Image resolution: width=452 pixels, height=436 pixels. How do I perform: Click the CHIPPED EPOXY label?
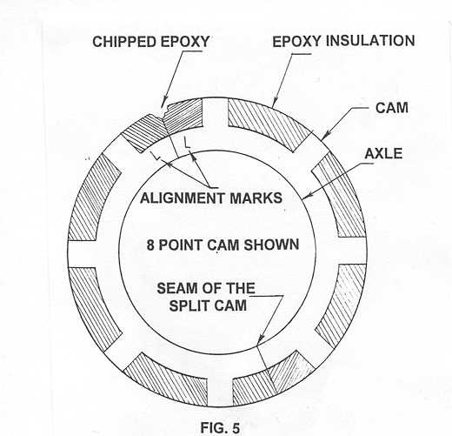tap(150, 42)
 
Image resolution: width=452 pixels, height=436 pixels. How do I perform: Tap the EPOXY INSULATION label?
tap(343, 41)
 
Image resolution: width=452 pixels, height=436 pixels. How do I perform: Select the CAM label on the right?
tap(392, 108)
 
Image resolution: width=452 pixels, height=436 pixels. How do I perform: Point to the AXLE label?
tap(383, 153)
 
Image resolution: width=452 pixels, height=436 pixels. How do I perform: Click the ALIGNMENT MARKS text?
tap(211, 198)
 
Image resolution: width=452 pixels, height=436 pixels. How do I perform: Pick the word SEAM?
tap(176, 288)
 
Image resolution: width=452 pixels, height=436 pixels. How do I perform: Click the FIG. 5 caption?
tap(220, 427)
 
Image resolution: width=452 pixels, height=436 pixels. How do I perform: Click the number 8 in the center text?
tap(150, 245)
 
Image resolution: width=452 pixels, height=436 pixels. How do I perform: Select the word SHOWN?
tap(271, 245)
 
